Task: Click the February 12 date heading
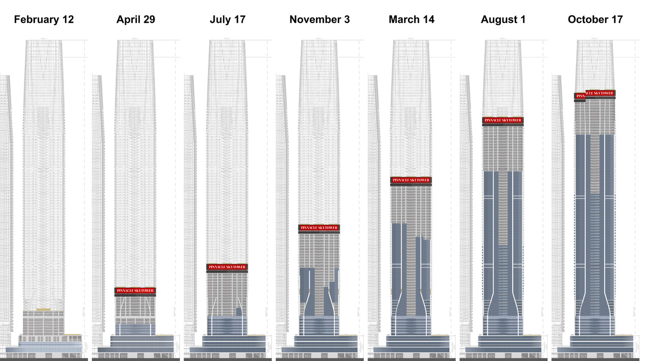click(x=44, y=20)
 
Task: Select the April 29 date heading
click(x=136, y=20)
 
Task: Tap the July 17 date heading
click(x=227, y=20)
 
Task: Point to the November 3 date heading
click(x=319, y=20)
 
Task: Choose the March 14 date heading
click(x=411, y=20)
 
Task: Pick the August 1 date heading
click(x=503, y=20)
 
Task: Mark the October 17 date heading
click(x=595, y=20)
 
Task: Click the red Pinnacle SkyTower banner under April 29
click(x=135, y=291)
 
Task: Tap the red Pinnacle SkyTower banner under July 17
click(x=227, y=267)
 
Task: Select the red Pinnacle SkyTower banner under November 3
click(x=319, y=228)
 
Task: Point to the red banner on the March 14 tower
click(x=411, y=180)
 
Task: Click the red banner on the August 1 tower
click(x=503, y=121)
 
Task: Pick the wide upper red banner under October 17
click(x=600, y=93)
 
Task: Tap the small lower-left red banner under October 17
click(x=580, y=96)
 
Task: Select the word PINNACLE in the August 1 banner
click(x=493, y=121)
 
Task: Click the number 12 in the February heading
click(x=68, y=20)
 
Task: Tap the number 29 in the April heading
click(x=149, y=20)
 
